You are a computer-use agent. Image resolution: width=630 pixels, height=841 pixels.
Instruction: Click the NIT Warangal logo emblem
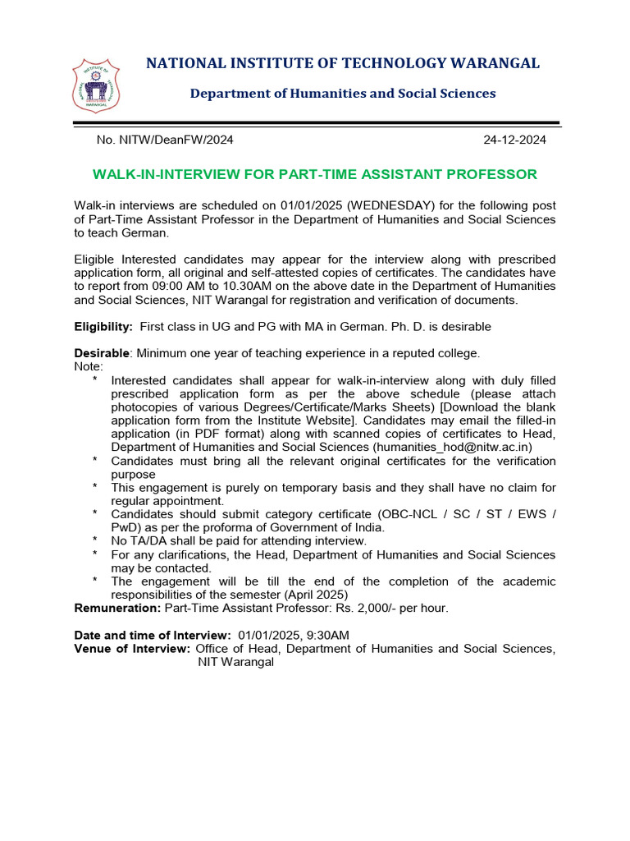tap(96, 85)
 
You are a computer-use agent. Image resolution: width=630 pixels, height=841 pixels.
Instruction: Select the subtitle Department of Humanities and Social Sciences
tap(343, 94)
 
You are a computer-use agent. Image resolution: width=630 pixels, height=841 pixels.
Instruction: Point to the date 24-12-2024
tap(514, 140)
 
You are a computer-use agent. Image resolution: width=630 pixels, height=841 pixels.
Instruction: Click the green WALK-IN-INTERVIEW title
tap(314, 174)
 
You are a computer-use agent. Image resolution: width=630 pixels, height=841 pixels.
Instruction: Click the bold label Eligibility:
tap(103, 327)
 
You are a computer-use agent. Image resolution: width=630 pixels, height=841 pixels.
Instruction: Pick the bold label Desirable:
tap(103, 353)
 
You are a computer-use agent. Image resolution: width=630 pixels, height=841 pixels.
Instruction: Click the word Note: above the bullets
tap(89, 366)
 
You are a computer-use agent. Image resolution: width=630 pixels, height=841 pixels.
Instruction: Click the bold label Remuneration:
tap(117, 609)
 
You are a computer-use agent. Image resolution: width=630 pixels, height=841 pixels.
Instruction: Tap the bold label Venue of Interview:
tap(132, 649)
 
